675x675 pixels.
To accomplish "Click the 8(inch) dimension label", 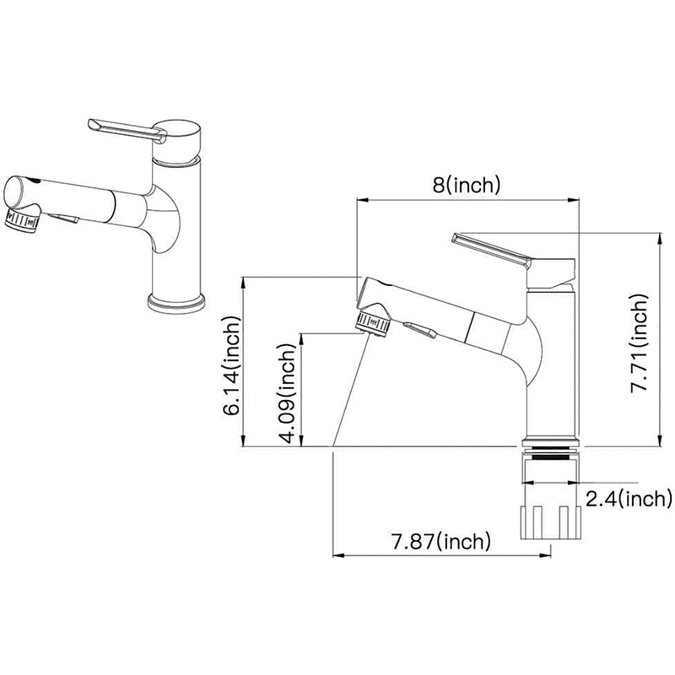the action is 467,185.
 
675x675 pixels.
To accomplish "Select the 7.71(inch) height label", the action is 640,343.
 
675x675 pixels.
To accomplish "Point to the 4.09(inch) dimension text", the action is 288,393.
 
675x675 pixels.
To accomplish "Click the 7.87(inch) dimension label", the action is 440,541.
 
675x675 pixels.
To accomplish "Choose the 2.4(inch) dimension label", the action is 629,499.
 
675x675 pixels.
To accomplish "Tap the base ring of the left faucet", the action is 176,302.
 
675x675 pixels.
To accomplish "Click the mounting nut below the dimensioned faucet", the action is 551,522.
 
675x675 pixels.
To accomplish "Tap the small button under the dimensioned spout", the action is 420,331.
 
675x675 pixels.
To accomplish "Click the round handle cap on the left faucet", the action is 177,142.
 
